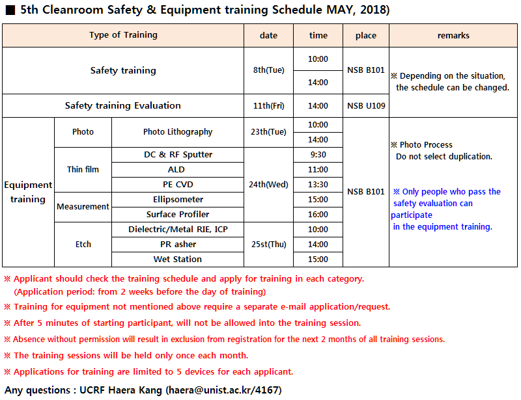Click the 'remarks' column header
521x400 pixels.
pyautogui.click(x=453, y=36)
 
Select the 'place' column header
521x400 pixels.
pyautogui.click(x=366, y=36)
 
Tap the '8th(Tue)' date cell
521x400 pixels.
pyautogui.click(x=268, y=70)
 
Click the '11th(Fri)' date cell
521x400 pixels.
pyautogui.click(x=268, y=105)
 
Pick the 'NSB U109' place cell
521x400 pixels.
pyautogui.click(x=366, y=105)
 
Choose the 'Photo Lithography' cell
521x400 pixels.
pyautogui.click(x=178, y=132)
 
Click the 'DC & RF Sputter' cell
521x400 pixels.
pyautogui.click(x=178, y=155)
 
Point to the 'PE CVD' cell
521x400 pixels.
pyautogui.click(x=178, y=185)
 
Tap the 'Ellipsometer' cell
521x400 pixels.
pyautogui.click(x=178, y=200)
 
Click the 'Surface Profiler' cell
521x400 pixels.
pyautogui.click(x=178, y=215)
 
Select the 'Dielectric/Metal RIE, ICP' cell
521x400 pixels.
pyautogui.click(x=178, y=230)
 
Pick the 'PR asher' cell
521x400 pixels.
pyautogui.click(x=178, y=245)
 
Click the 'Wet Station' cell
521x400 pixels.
pyautogui.click(x=178, y=260)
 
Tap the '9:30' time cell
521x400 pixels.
pyautogui.click(x=318, y=155)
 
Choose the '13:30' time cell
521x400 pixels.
pyautogui.click(x=318, y=185)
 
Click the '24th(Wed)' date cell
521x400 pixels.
pyautogui.click(x=268, y=185)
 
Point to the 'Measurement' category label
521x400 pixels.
pyautogui.click(x=83, y=207)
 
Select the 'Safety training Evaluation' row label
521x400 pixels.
pyautogui.click(x=123, y=105)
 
